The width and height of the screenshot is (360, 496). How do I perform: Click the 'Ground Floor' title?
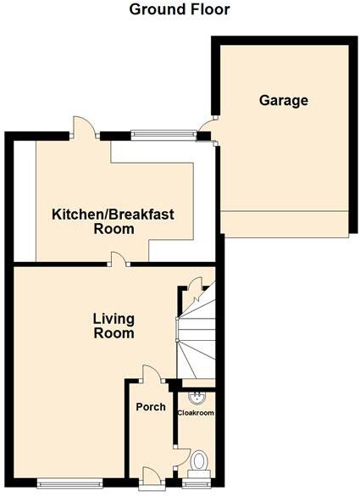tap(179, 10)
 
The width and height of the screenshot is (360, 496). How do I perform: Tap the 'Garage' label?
tap(283, 101)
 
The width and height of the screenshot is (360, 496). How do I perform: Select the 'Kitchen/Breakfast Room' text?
tap(114, 222)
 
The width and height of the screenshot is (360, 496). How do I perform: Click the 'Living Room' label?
tap(114, 326)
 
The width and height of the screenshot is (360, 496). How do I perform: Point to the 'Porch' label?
tap(150, 407)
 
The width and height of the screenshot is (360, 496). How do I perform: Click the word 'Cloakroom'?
tap(195, 413)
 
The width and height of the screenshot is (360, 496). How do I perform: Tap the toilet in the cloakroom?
tap(199, 461)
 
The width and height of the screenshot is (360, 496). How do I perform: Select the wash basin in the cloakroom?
tap(194, 396)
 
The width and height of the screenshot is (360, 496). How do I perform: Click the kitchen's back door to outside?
tap(82, 129)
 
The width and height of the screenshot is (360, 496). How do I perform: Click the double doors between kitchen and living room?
tap(117, 261)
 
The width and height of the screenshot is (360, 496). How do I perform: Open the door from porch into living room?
tap(151, 374)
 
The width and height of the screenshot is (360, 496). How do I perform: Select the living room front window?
tap(70, 483)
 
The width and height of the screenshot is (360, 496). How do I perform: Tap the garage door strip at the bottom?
tap(283, 225)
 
